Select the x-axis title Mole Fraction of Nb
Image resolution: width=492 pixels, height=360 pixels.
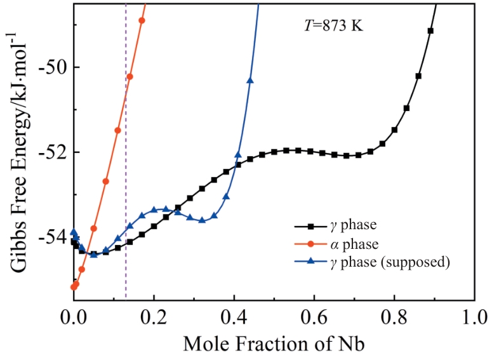point(274,344)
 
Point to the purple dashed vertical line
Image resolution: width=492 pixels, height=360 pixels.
point(126,159)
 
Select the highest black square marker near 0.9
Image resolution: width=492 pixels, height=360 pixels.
point(430,30)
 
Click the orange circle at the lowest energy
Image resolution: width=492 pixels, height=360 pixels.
point(74,287)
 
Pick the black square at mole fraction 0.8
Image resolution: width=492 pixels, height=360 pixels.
point(394,130)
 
